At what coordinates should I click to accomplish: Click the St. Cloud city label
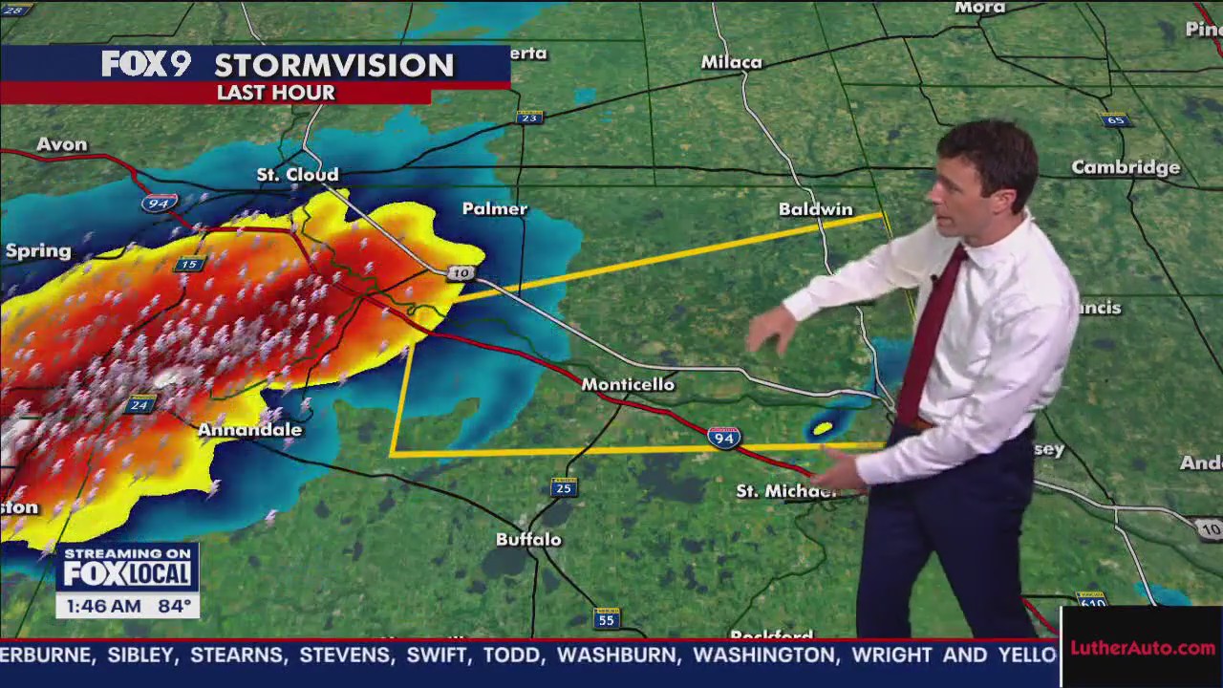[297, 175]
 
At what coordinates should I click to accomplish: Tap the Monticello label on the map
[628, 384]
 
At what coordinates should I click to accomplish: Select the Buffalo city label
[528, 540]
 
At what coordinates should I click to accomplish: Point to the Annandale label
[249, 430]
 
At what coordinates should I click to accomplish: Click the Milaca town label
[732, 63]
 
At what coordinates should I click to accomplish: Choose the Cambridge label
[1126, 168]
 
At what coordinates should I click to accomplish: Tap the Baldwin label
[815, 209]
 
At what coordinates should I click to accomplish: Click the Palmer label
[494, 209]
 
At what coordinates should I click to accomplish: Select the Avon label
[61, 144]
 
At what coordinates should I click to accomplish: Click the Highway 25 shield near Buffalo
[564, 488]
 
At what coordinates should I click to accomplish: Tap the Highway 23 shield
[529, 117]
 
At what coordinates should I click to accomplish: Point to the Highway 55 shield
[606, 619]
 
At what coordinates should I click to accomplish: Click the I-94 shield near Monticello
[723, 438]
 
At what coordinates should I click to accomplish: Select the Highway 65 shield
[1115, 119]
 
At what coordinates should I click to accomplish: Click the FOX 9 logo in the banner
[146, 64]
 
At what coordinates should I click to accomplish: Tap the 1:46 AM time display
[98, 606]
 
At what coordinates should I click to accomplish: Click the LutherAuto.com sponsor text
[1142, 648]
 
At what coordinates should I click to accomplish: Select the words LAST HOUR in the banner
[275, 93]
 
